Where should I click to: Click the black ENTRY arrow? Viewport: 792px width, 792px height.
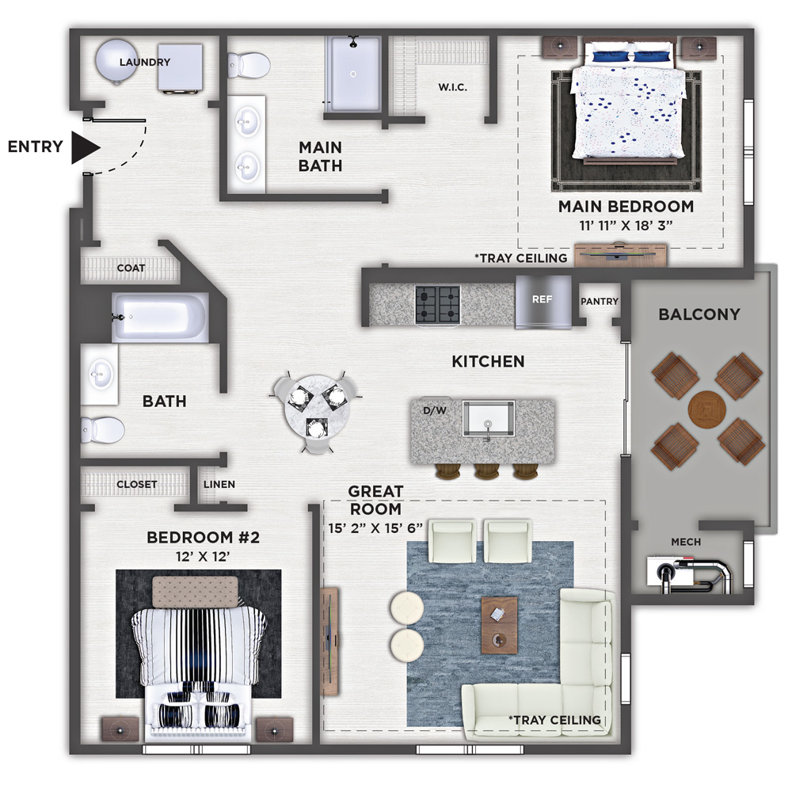point(85,147)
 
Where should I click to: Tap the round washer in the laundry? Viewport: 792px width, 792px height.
point(116,62)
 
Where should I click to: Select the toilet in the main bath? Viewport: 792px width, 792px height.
point(249,65)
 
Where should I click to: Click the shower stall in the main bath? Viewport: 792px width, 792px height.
point(353,74)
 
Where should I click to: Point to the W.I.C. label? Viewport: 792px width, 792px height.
point(452,87)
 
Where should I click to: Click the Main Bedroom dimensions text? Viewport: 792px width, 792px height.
point(626,225)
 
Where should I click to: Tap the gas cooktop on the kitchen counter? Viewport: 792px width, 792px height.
point(438,305)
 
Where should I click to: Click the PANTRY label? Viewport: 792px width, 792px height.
point(600,302)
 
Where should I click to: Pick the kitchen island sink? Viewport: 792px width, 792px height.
point(489,419)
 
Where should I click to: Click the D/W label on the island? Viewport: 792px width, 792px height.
point(435,410)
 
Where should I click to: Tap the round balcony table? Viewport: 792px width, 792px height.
point(706,409)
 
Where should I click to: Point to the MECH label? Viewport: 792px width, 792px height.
point(686,542)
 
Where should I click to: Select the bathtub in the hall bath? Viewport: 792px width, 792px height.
point(160,318)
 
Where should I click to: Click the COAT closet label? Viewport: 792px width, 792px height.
point(131,268)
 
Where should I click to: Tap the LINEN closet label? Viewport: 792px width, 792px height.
point(219,485)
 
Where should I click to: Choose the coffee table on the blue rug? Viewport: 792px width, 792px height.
point(499,626)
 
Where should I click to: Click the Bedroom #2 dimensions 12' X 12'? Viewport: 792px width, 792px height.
point(203,557)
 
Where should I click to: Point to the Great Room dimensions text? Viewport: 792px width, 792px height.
point(375,528)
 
